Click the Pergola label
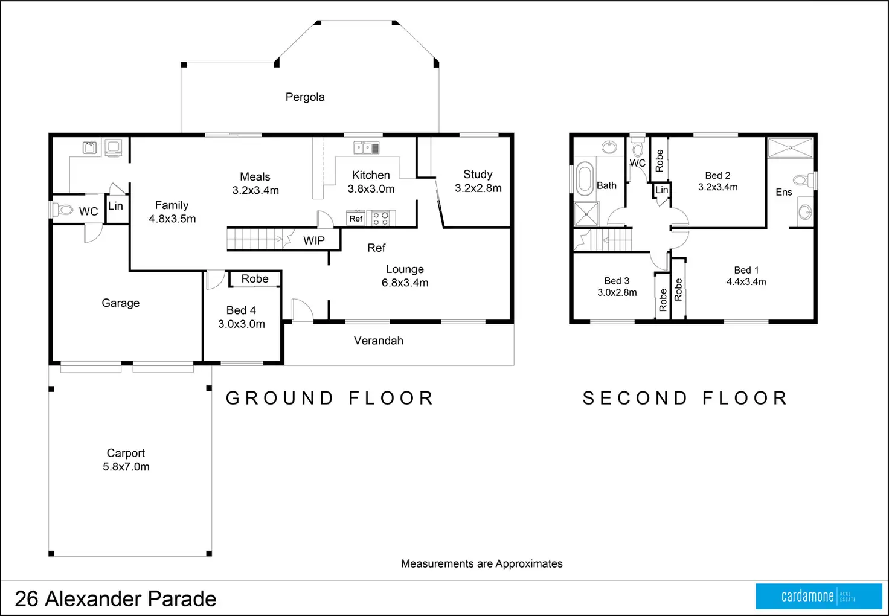(305, 97)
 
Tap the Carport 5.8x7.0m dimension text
(126, 467)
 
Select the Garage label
(120, 303)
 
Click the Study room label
(478, 175)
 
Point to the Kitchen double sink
(367, 148)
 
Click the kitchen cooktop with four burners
(380, 218)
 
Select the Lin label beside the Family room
(115, 206)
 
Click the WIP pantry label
(314, 240)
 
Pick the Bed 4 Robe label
(255, 279)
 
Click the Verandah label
(379, 341)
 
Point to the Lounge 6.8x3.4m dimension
(405, 283)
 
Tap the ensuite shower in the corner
(790, 148)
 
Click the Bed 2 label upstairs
(717, 176)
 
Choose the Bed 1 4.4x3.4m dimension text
(746, 281)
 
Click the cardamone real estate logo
(818, 597)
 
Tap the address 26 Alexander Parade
(115, 599)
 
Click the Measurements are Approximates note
(481, 564)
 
